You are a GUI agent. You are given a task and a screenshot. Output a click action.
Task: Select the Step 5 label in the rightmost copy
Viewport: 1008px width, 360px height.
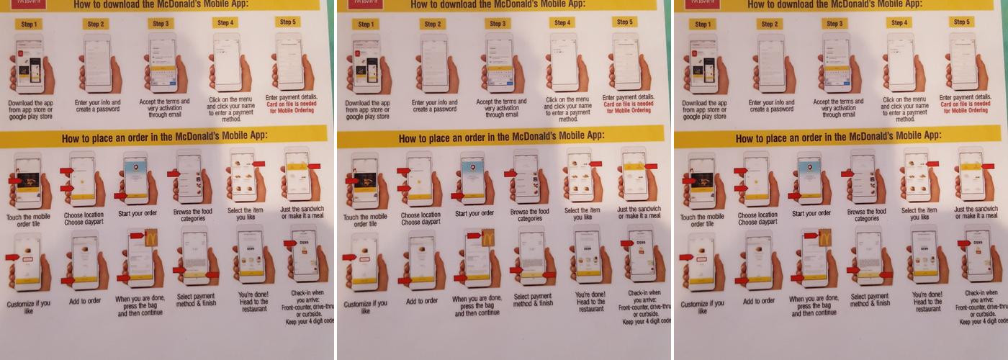pyautogui.click(x=961, y=22)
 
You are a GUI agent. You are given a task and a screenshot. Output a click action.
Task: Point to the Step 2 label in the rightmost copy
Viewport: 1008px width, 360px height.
pyautogui.click(x=770, y=24)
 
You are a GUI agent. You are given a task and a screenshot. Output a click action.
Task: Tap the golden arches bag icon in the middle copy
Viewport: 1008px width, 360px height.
pyautogui.click(x=488, y=238)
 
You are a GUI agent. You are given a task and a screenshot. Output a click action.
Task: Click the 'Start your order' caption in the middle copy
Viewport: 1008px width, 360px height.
pyautogui.click(x=476, y=213)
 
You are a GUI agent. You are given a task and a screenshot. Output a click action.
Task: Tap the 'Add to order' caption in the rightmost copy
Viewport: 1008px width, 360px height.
pyautogui.click(x=758, y=301)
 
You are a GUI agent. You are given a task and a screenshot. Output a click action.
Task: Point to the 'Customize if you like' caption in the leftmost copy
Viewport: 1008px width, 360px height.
pyautogui.click(x=28, y=307)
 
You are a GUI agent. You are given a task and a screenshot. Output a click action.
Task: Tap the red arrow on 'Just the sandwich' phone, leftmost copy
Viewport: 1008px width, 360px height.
pyautogui.click(x=314, y=166)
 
